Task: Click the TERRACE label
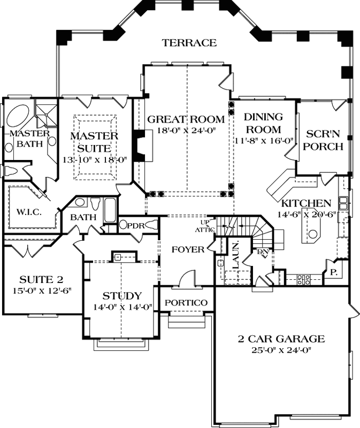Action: (190, 43)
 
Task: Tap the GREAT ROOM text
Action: (186, 119)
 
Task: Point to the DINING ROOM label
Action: (262, 123)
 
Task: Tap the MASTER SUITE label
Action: (94, 142)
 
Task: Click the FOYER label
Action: (188, 249)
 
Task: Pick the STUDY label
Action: (122, 296)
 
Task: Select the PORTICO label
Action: (186, 303)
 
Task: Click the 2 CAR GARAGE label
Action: (281, 339)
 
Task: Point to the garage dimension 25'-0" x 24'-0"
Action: (281, 350)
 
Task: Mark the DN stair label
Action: (262, 251)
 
